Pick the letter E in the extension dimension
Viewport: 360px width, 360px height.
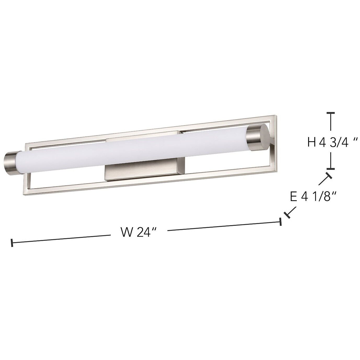(x=294, y=197)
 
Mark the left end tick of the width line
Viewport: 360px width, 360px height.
(x=12, y=243)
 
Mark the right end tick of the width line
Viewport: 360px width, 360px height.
(x=281, y=221)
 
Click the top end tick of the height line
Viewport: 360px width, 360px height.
(x=331, y=113)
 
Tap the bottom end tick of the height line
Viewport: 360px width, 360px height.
(x=331, y=169)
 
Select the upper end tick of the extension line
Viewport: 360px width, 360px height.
(x=328, y=176)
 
